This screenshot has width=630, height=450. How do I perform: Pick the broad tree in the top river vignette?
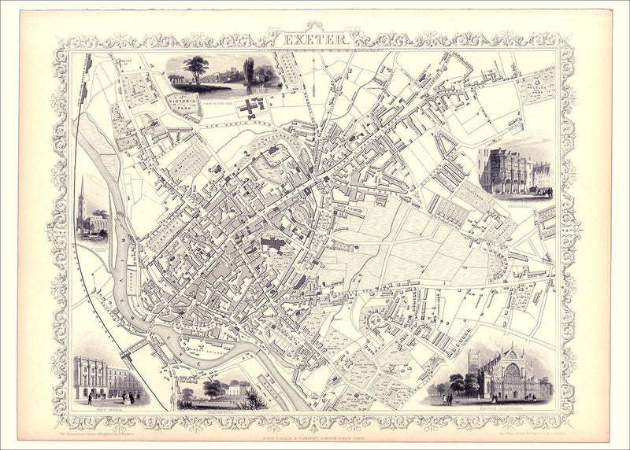click(x=195, y=68)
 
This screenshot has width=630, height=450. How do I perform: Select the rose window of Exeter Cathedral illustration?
click(x=511, y=371)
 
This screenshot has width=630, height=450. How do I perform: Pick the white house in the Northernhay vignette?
click(x=235, y=389)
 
